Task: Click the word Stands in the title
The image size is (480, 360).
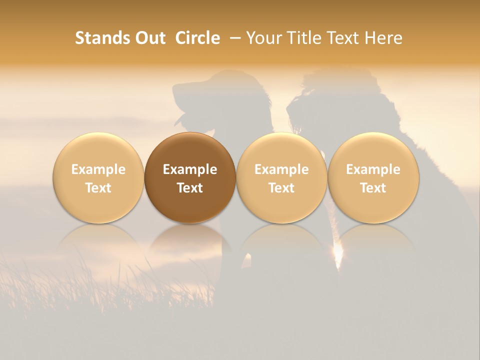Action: point(97,38)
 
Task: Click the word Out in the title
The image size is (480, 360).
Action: point(148,38)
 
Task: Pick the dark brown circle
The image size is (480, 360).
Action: point(190,177)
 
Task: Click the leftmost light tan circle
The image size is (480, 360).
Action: point(98,177)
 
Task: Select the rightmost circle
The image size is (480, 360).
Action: point(373,177)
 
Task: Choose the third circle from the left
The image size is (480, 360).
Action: point(281,177)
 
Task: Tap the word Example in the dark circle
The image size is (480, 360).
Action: point(190,169)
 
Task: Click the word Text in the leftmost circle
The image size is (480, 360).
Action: point(98,188)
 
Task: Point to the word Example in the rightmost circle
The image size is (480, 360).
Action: point(373,169)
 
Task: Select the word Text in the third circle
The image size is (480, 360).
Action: point(281,188)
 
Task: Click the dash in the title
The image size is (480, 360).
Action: point(233,38)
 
